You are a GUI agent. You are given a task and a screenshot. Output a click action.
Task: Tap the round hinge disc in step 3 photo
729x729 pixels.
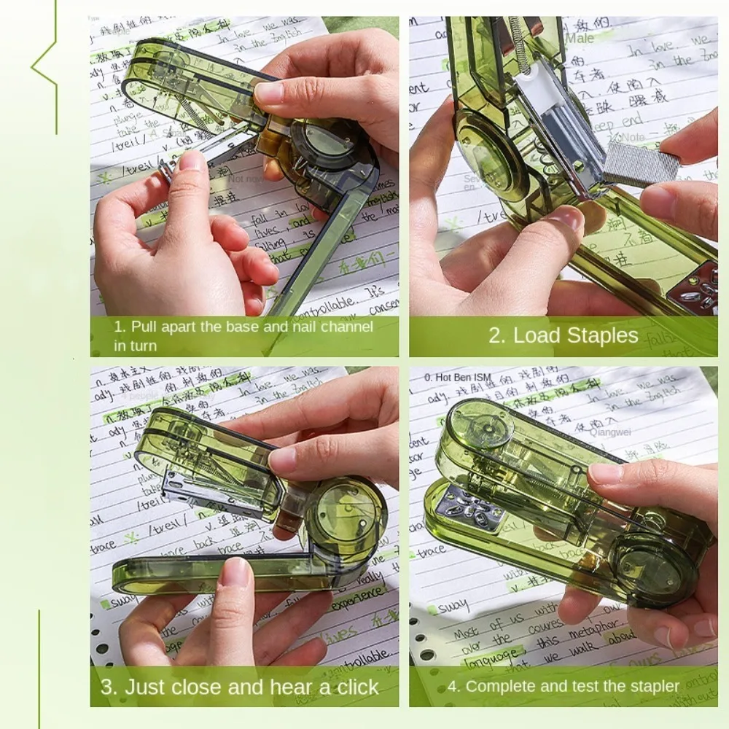pos(344,515)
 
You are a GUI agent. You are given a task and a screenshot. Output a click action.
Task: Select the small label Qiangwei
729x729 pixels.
pos(612,431)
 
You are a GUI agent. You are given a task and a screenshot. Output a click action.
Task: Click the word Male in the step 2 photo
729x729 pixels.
pos(580,38)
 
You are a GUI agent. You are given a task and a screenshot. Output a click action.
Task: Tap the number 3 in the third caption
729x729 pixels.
pos(107,687)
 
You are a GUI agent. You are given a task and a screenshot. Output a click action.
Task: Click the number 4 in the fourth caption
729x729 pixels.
pos(451,687)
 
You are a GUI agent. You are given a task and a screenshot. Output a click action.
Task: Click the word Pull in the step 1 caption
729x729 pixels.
pos(145,327)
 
